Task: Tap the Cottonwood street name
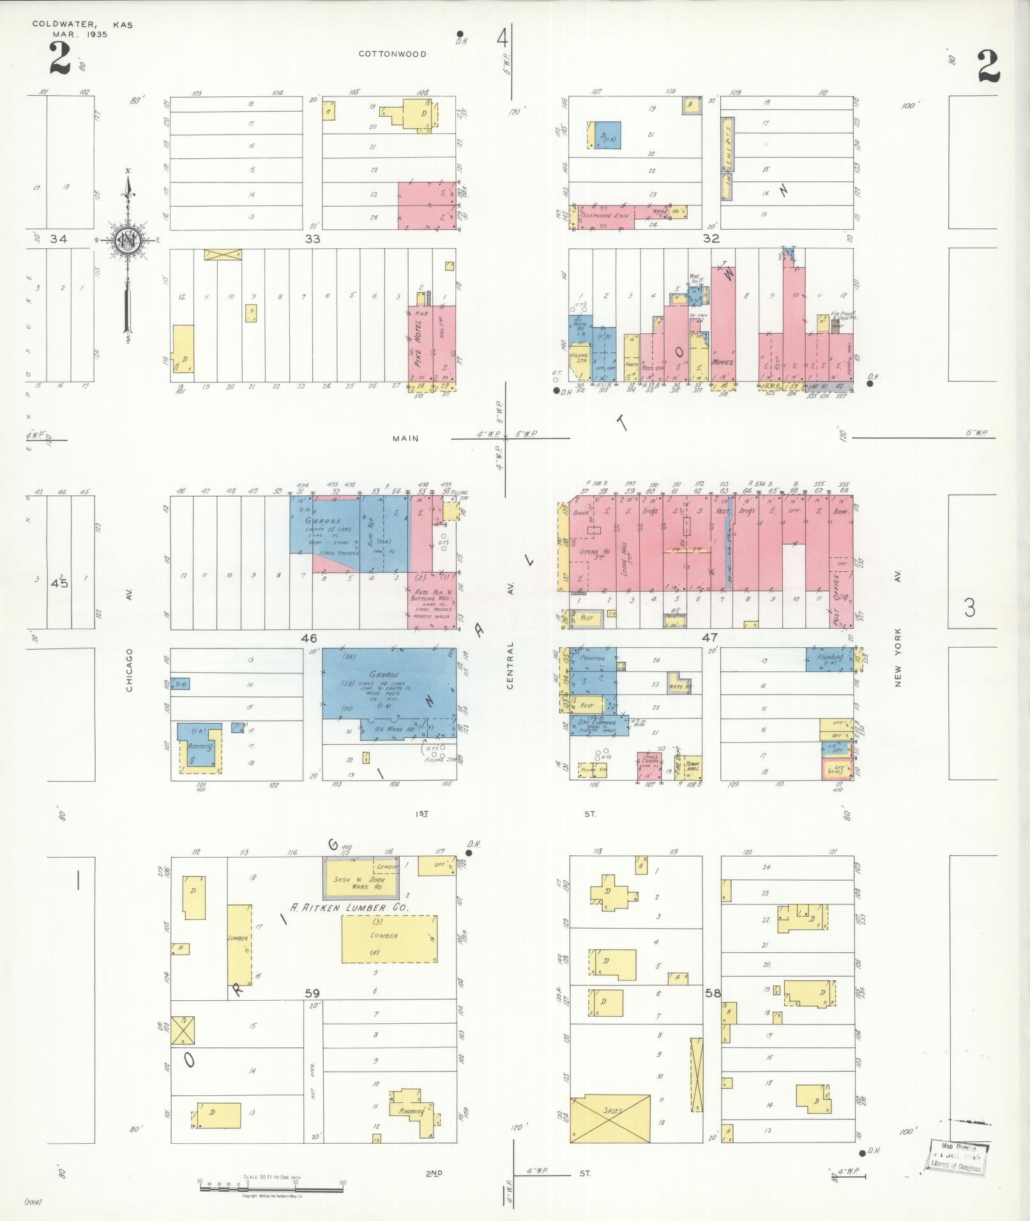pyautogui.click(x=392, y=54)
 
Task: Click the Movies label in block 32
pyautogui.click(x=723, y=362)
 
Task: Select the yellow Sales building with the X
pyautogui.click(x=611, y=1111)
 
